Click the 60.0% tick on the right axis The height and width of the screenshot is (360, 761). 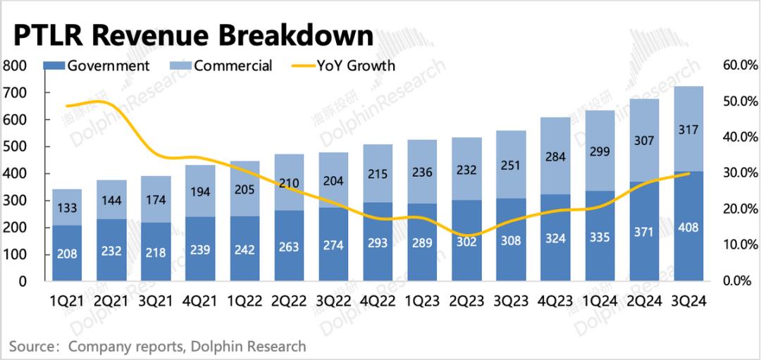coord(740,66)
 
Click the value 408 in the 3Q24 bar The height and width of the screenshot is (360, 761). coord(688,228)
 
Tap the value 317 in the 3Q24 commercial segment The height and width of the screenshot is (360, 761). coord(688,130)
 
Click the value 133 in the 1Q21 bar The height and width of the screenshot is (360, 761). coord(67,207)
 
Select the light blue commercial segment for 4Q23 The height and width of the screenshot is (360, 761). coord(555,155)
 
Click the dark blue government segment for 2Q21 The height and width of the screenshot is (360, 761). coord(111,250)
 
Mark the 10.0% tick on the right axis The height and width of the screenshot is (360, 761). coord(740,245)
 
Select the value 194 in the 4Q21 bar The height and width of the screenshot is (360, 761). coord(200,192)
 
